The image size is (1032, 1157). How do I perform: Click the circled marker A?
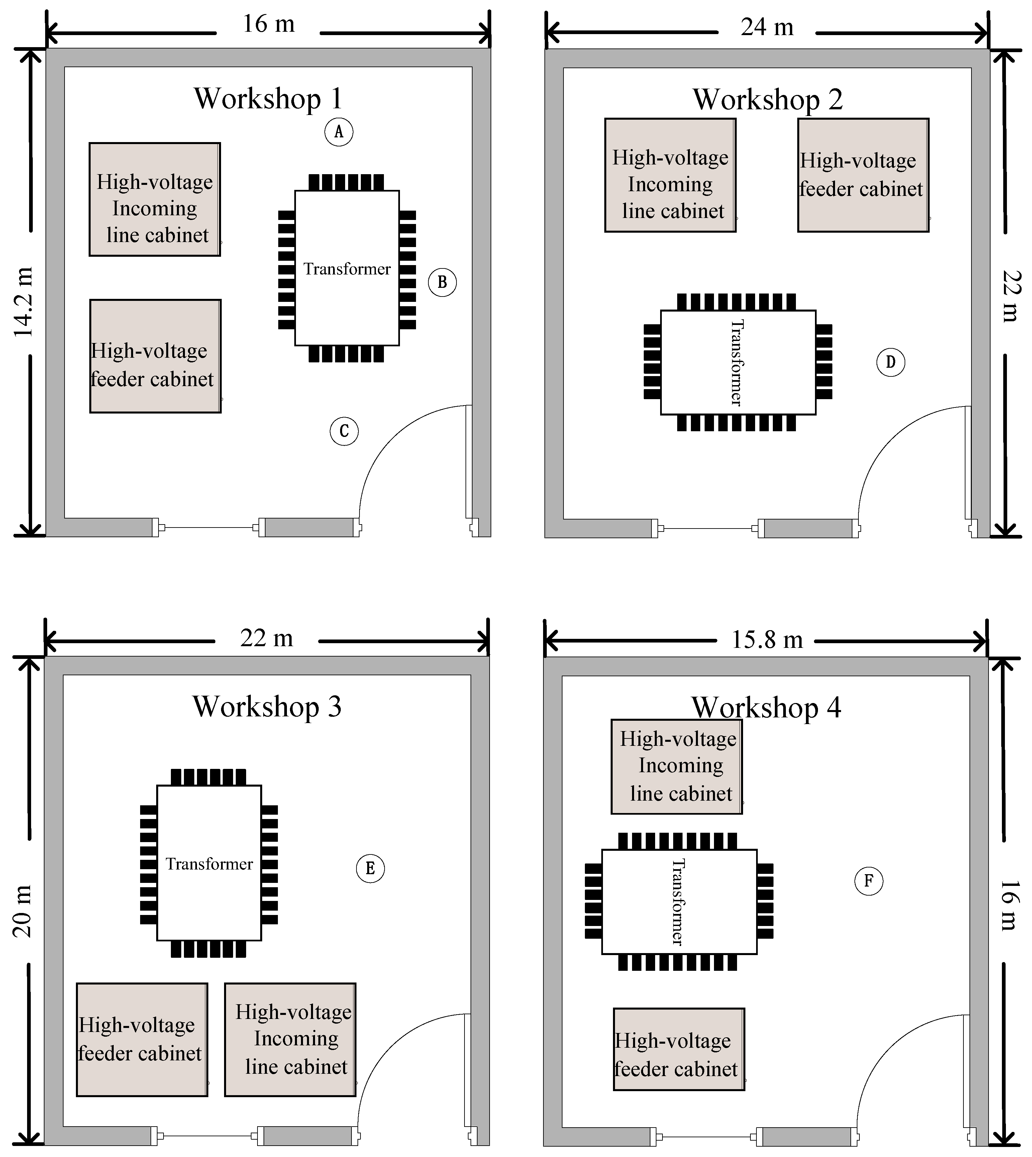click(338, 132)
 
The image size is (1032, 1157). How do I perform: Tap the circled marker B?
click(442, 282)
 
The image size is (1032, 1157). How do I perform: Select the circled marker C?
click(344, 431)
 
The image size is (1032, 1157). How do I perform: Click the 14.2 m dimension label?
click(24, 302)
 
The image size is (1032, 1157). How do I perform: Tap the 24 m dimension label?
click(766, 27)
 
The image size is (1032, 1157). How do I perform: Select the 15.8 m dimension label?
click(766, 640)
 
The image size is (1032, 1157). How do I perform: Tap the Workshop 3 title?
click(267, 706)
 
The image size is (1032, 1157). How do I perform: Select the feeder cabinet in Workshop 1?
click(155, 356)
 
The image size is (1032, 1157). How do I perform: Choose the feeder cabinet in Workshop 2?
click(862, 175)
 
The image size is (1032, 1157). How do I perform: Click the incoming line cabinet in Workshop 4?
click(677, 767)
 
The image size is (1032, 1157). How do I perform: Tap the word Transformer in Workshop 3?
click(209, 864)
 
